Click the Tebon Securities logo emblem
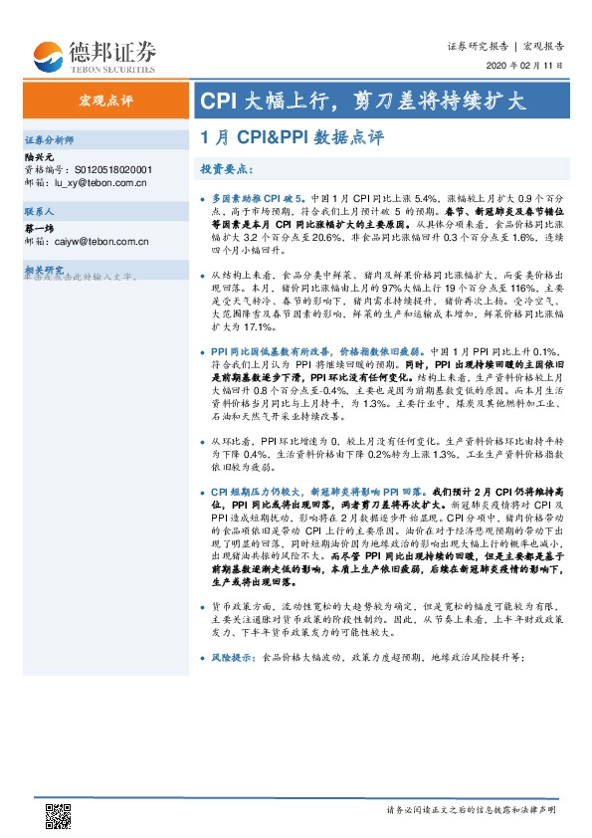coord(47,56)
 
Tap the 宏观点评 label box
coord(105,101)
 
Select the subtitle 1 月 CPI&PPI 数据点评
coord(292,138)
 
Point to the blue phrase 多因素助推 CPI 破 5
coord(256,199)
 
